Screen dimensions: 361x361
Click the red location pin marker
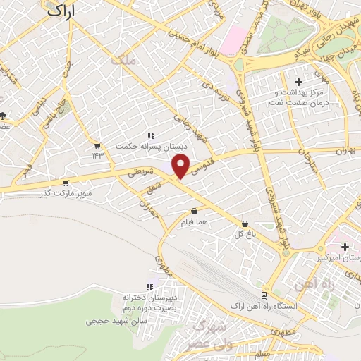[182, 166]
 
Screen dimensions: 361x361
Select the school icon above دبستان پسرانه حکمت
[150, 135]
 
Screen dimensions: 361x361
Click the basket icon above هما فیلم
[194, 211]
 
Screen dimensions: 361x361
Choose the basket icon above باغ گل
[245, 224]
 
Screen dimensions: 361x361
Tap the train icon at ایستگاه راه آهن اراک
[263, 295]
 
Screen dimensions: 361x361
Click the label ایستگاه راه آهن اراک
[264, 307]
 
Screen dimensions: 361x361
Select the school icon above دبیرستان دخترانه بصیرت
[149, 287]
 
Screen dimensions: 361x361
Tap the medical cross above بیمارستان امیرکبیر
[345, 247]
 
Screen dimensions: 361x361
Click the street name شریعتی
[138, 172]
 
